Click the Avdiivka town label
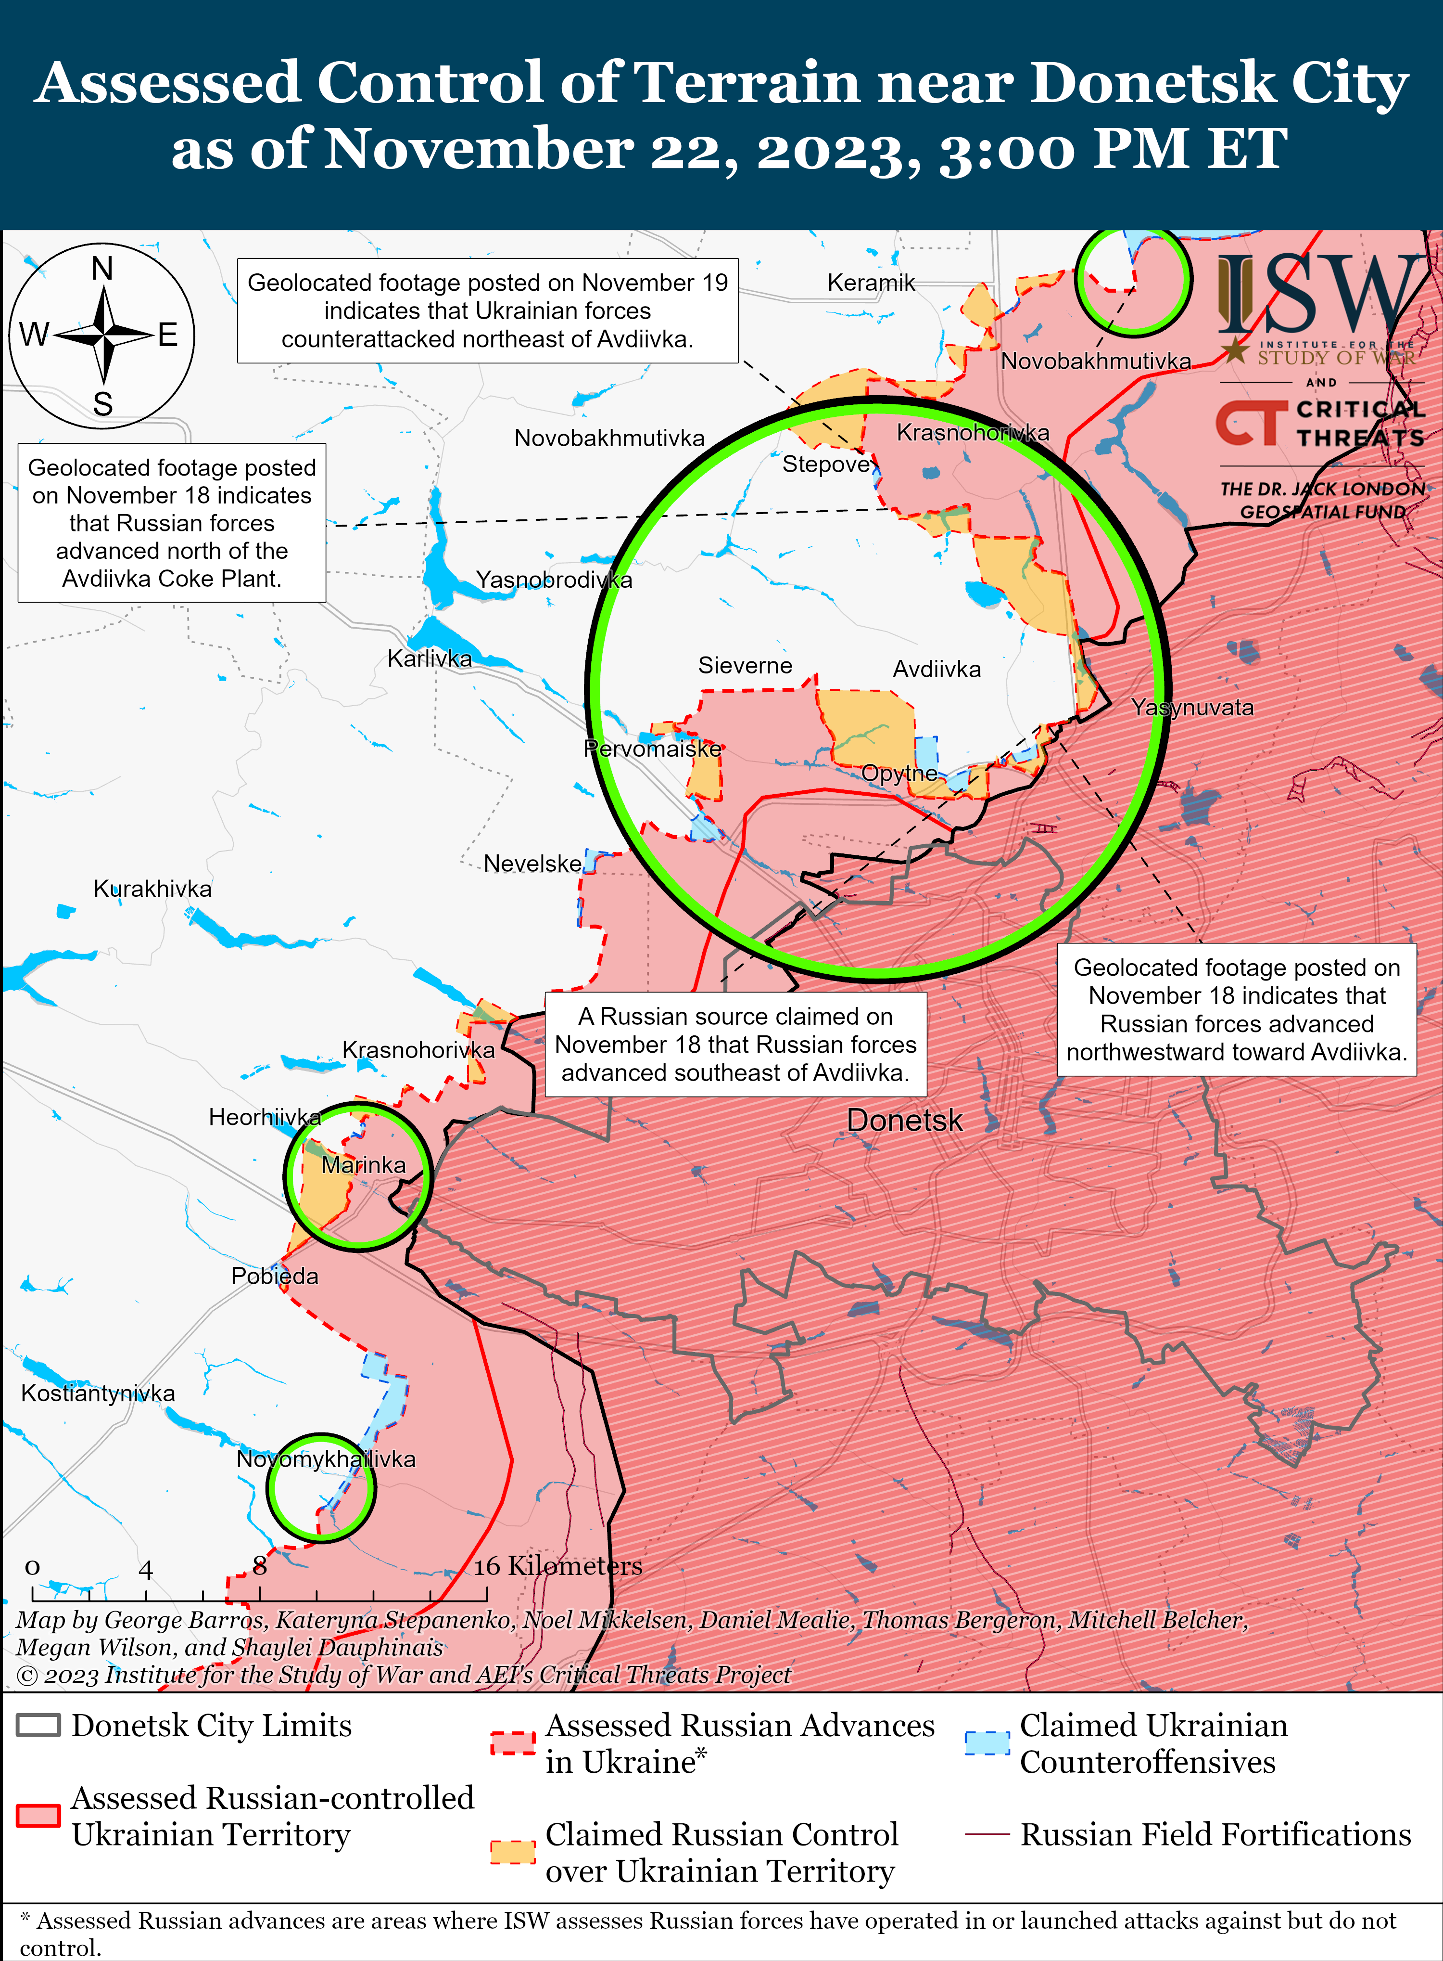pos(937,670)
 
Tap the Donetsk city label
pos(904,1120)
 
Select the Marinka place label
pos(363,1165)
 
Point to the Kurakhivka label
pos(153,889)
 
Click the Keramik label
pos(871,282)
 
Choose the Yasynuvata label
pos(1192,708)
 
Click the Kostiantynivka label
pos(98,1393)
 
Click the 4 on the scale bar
pos(146,1570)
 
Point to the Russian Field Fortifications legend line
pos(987,1833)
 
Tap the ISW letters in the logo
pos(1319,293)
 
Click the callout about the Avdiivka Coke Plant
pos(172,523)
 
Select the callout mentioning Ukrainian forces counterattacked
pos(487,310)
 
